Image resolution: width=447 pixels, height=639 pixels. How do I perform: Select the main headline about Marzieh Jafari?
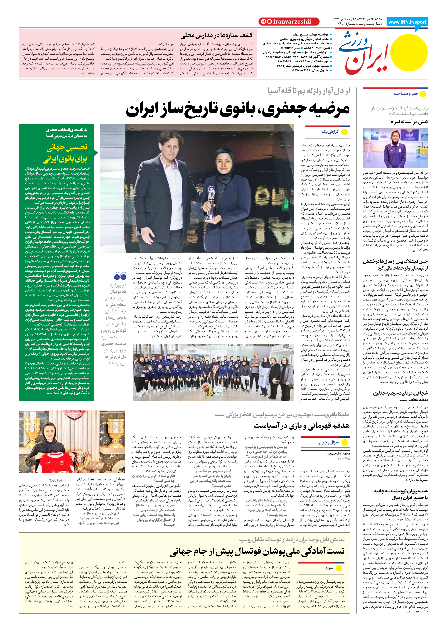click(238, 109)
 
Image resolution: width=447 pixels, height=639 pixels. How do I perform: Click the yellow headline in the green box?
click(65, 153)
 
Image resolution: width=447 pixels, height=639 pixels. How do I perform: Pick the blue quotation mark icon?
click(120, 276)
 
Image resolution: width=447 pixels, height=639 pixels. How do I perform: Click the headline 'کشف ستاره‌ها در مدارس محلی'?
click(216, 35)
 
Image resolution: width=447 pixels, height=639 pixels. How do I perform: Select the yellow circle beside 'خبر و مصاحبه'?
click(423, 94)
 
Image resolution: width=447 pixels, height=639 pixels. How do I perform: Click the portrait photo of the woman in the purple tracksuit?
click(395, 148)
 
